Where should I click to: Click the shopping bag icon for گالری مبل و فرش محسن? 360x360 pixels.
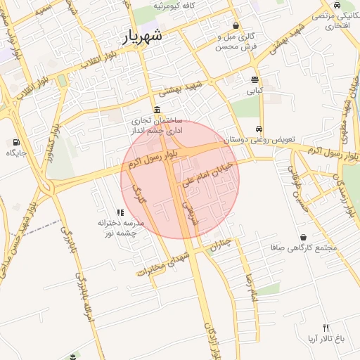[236, 25]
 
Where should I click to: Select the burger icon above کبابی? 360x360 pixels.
[254, 79]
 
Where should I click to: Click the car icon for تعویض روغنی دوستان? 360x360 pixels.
[259, 129]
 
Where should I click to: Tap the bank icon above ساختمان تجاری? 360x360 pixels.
[155, 110]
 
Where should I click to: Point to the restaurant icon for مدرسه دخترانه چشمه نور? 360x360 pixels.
[120, 212]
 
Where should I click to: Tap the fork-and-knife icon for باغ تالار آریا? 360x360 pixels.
[325, 328]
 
